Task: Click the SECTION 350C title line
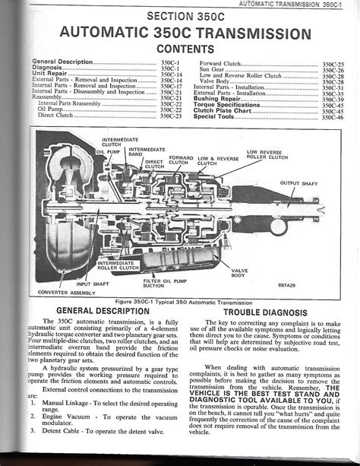click(x=185, y=16)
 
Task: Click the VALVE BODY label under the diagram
click(x=240, y=272)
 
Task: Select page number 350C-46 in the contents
click(x=333, y=117)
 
